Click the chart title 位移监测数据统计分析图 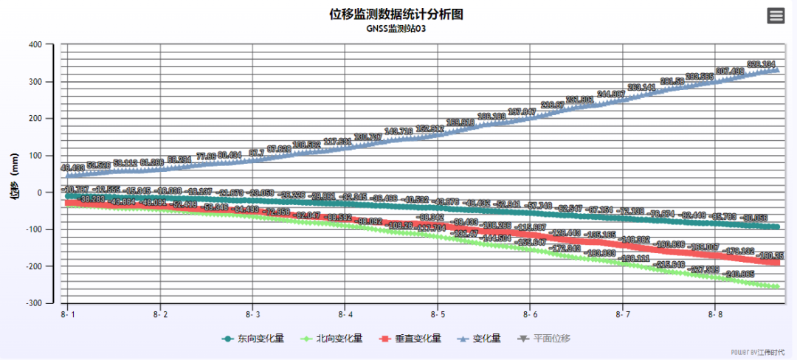tap(396, 15)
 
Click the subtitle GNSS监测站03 tap(396, 30)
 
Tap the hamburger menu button tap(776, 15)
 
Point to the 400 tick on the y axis tap(34, 44)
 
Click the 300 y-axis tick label tap(34, 81)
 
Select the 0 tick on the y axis tap(40, 193)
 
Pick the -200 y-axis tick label tap(32, 266)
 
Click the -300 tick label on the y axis tap(32, 303)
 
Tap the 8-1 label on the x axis tap(69, 315)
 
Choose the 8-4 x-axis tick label tap(345, 315)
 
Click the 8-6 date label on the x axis tap(529, 315)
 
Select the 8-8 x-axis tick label tap(714, 315)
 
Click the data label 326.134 tap(761, 64)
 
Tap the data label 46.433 tap(72, 168)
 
